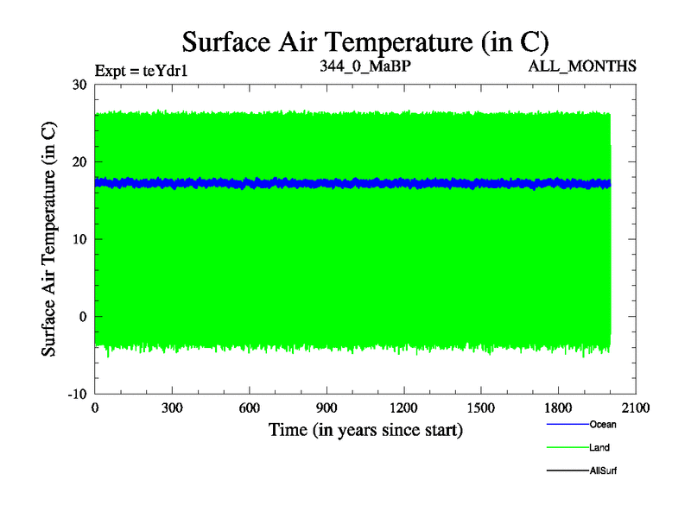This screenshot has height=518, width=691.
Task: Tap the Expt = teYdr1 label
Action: pyautogui.click(x=142, y=71)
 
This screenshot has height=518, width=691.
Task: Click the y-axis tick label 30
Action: pyautogui.click(x=79, y=85)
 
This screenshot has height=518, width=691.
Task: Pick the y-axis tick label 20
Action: pyautogui.click(x=79, y=161)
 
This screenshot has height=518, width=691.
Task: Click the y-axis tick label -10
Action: pyautogui.click(x=76, y=394)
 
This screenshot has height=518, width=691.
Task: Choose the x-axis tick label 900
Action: pyautogui.click(x=326, y=408)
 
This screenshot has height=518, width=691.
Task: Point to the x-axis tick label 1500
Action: pyautogui.click(x=481, y=408)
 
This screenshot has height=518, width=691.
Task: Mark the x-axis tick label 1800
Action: pyautogui.click(x=558, y=408)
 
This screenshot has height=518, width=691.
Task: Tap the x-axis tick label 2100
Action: pyautogui.click(x=636, y=408)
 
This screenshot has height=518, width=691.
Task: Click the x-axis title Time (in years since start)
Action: pyautogui.click(x=365, y=429)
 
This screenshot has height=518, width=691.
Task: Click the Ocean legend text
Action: pyautogui.click(x=603, y=424)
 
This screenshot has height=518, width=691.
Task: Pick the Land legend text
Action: pyautogui.click(x=600, y=447)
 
